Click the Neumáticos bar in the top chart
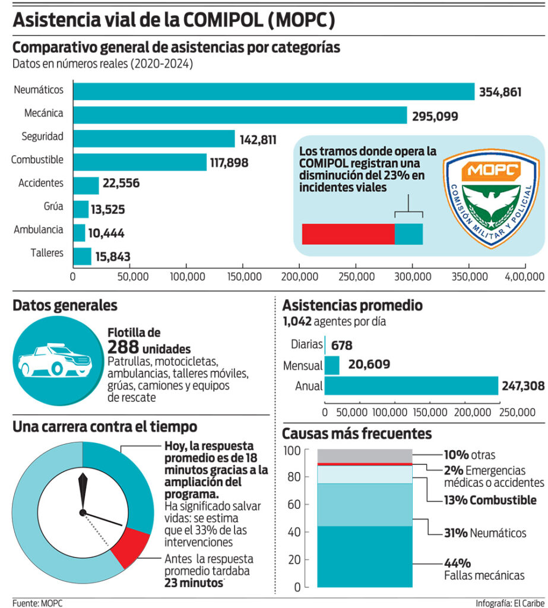coord(273,91)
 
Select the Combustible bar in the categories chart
coord(140,161)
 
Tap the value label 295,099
coord(433,116)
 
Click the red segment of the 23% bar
coord(348,234)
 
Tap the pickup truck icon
coord(55,360)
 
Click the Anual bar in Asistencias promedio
coord(411,386)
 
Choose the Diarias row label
coord(306,344)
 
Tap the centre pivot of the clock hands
coord(83,512)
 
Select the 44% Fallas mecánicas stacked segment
coord(365,556)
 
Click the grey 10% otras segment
coord(365,456)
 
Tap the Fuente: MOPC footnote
coord(37,603)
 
